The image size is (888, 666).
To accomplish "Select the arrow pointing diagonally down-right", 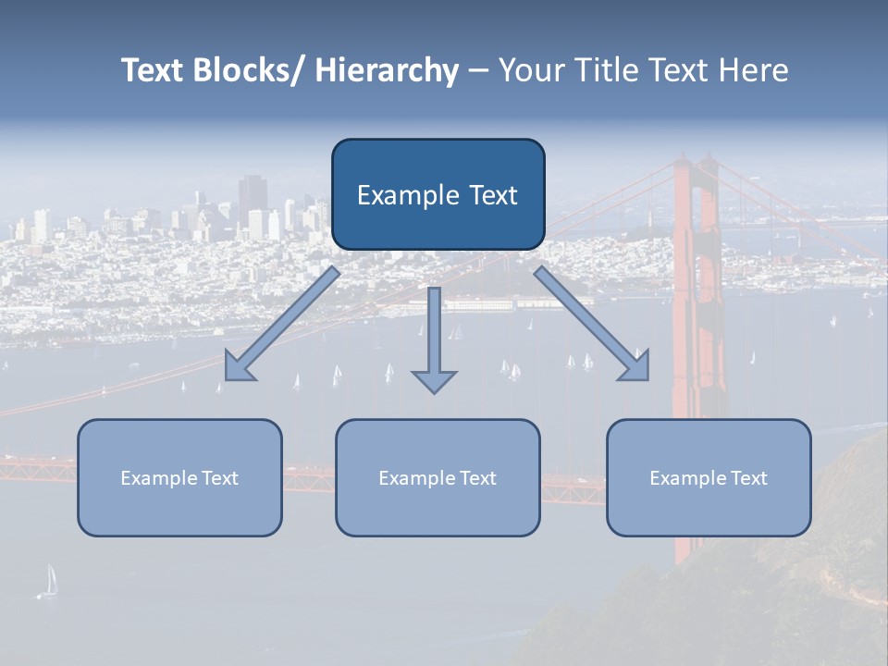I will click(x=591, y=323).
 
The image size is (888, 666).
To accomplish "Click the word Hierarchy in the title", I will click(x=387, y=70).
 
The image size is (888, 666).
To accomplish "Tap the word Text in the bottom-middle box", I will click(x=476, y=478).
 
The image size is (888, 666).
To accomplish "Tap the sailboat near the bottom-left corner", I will click(x=49, y=581).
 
